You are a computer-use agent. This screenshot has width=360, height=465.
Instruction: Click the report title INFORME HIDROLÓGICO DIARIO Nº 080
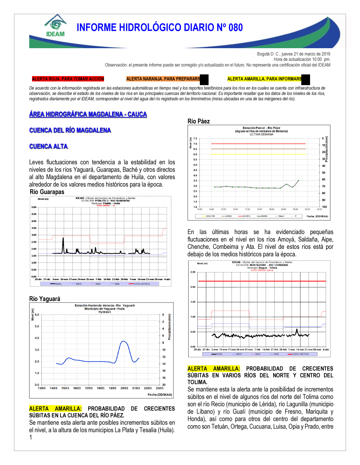pos(159,28)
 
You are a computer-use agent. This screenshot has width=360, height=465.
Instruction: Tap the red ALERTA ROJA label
pos(68,79)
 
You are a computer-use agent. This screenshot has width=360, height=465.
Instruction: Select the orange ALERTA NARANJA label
pos(163,79)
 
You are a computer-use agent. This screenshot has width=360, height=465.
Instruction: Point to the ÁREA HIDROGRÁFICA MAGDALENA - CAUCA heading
pos(88,114)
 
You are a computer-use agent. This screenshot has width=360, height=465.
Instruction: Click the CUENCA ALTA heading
pos(48,146)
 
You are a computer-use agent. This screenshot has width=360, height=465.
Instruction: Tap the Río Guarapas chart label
pos(47,192)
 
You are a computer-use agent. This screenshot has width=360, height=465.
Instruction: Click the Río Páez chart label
pos(198,121)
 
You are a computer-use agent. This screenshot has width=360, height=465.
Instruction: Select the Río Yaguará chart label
pos(45,299)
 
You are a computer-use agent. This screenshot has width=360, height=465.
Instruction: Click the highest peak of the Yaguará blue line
pos(123,341)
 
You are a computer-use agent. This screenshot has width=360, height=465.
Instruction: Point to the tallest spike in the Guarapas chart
pos(63,238)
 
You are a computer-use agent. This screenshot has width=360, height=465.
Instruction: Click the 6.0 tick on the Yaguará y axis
pos(37,315)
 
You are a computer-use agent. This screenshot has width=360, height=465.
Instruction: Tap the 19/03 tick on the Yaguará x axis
pos(112,388)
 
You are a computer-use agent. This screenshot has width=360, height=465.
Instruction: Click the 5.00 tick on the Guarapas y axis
pos(34,207)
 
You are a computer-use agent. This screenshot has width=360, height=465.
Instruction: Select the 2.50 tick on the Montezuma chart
pos(193,272)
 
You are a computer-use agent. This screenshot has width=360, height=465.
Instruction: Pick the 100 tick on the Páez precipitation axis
pos(324,207)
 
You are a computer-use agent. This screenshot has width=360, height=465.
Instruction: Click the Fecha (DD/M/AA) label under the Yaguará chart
pos(160,395)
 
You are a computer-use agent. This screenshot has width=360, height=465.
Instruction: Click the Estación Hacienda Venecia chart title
pos(104,305)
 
